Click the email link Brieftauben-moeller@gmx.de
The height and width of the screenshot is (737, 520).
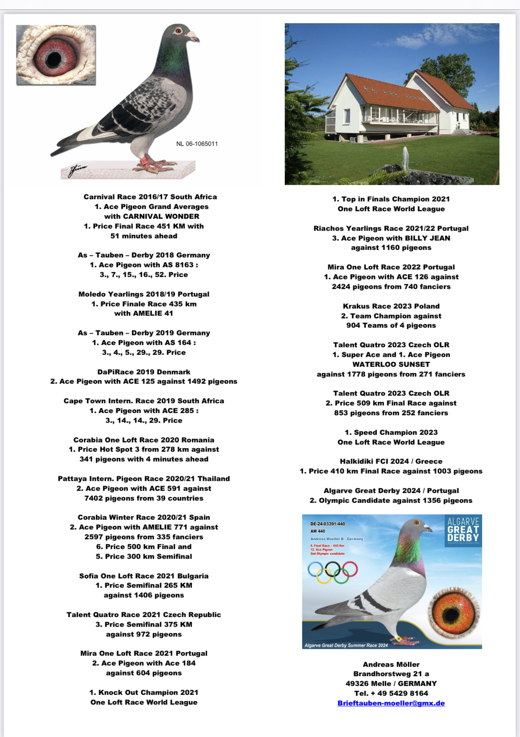(x=391, y=703)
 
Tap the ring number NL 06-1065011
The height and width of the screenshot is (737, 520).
(x=197, y=144)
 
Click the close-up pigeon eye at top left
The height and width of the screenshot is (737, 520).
(x=56, y=55)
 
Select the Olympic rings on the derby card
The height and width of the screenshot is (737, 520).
(x=332, y=572)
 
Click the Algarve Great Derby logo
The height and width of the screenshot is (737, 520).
(x=463, y=530)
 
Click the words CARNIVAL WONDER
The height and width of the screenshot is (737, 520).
(x=152, y=216)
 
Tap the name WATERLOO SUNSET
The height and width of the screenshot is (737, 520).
(x=391, y=364)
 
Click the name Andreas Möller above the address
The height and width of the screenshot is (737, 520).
(x=391, y=665)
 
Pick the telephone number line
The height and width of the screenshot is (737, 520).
(x=391, y=693)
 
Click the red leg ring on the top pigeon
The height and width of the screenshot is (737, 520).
(x=144, y=161)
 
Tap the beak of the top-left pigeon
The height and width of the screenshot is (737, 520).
(x=193, y=37)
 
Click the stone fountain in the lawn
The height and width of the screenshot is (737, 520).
(x=405, y=159)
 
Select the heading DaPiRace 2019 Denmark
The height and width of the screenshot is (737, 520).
(x=144, y=372)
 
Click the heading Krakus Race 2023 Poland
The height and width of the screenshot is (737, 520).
(x=391, y=306)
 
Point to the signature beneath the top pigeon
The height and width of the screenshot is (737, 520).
(x=76, y=170)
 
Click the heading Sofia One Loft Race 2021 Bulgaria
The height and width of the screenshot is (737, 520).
(x=144, y=576)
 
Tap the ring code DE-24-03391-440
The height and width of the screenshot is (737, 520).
(x=328, y=524)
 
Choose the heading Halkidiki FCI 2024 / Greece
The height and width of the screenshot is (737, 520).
(x=391, y=461)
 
